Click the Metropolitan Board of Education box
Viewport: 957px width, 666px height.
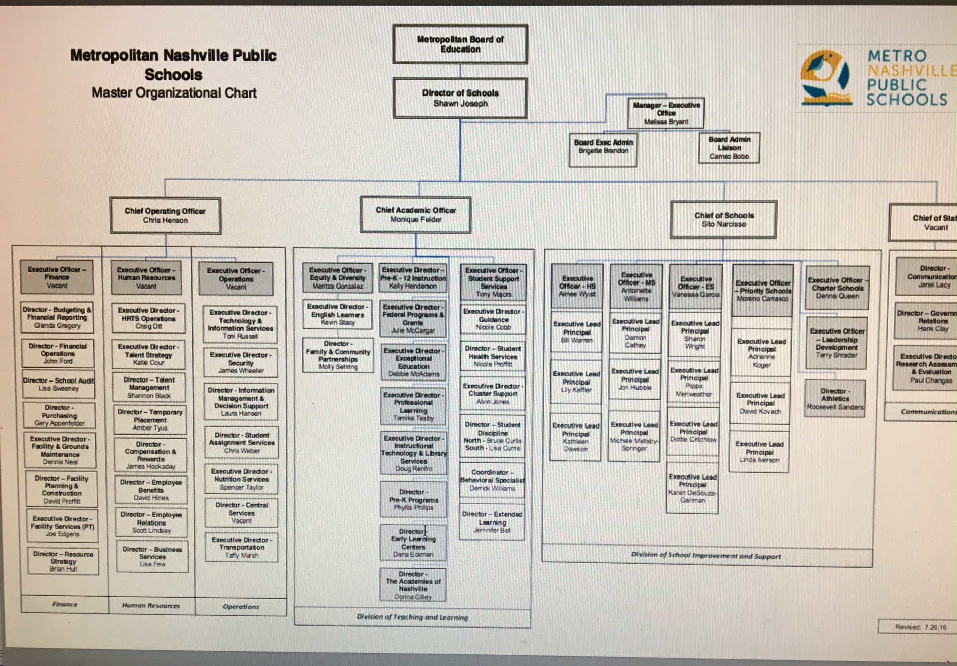pos(460,44)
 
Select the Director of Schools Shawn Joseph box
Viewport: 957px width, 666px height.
pos(460,98)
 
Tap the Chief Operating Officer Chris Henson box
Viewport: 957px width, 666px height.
pos(165,216)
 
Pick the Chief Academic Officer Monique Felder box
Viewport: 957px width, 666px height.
pos(415,215)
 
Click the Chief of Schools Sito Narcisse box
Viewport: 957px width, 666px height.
pos(723,220)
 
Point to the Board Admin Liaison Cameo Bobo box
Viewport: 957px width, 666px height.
pos(729,148)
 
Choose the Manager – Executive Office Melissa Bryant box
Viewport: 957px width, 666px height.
pos(666,113)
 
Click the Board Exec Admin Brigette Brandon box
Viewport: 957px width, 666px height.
pos(603,150)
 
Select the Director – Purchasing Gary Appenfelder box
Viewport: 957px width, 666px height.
pos(60,415)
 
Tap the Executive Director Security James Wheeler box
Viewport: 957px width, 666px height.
pos(241,363)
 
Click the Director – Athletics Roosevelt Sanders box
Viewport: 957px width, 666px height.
pos(835,399)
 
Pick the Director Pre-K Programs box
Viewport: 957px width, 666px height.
pos(413,500)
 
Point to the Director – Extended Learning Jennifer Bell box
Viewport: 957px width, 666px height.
pos(492,522)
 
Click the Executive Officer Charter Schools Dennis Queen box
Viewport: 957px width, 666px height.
pos(837,288)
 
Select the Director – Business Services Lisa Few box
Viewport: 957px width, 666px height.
pos(152,556)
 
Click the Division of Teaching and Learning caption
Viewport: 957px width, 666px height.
pos(412,617)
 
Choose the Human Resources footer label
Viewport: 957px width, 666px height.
pos(150,605)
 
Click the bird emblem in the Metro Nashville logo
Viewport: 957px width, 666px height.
pos(823,71)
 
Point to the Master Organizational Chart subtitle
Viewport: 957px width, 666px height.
pos(174,93)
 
